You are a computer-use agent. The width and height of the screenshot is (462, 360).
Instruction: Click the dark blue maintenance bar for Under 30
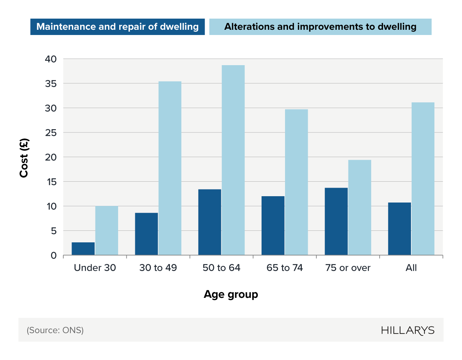(x=83, y=249)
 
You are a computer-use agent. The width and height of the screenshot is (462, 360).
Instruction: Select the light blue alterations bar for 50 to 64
(x=233, y=160)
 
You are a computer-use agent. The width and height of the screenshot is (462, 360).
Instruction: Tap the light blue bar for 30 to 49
(x=170, y=168)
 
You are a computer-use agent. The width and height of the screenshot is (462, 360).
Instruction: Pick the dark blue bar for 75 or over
(x=336, y=222)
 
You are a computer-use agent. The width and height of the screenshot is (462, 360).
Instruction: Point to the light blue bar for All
(x=423, y=179)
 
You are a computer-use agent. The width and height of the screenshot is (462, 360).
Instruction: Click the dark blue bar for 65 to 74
(x=273, y=226)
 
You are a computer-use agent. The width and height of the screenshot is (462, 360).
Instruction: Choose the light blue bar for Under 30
(x=107, y=230)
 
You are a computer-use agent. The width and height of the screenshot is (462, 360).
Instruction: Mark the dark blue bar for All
(x=399, y=229)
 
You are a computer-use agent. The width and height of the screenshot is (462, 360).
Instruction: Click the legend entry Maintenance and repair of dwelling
(x=117, y=27)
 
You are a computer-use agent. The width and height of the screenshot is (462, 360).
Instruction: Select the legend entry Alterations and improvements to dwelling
(x=320, y=27)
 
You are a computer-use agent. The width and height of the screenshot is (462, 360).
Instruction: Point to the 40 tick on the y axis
(x=51, y=59)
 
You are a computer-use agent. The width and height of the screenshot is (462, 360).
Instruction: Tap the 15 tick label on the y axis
(x=51, y=182)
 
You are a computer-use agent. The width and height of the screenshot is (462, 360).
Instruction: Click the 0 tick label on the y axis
(x=54, y=255)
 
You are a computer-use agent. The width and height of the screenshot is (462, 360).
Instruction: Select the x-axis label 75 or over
(x=348, y=268)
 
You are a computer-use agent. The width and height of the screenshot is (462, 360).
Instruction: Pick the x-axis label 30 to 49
(x=158, y=268)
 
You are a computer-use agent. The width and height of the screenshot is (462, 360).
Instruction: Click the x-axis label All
(x=411, y=268)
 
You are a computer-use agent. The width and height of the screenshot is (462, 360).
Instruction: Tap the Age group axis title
(x=231, y=294)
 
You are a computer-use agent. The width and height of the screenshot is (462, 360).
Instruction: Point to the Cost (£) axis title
(x=24, y=158)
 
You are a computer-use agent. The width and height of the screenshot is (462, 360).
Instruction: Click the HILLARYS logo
(x=408, y=331)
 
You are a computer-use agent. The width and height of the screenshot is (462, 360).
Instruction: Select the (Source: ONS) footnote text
(x=55, y=330)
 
